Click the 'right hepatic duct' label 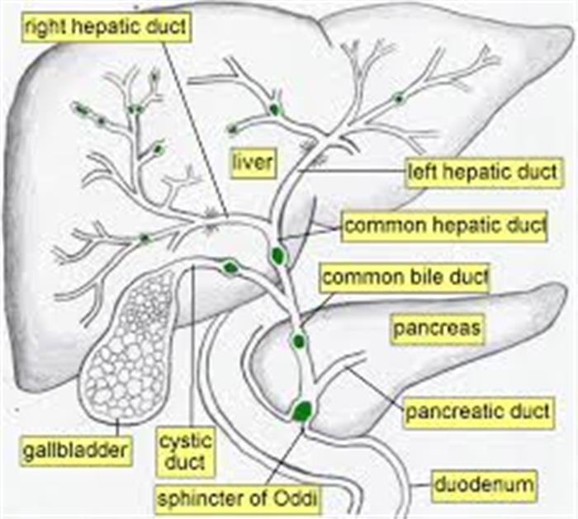coord(107,26)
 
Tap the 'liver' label coord(253,163)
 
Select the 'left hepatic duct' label coord(482,172)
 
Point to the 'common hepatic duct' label coord(444,225)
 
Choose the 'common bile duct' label coord(405,278)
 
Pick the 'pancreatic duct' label coord(478,412)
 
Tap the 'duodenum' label coord(484,484)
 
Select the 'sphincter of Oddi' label coord(238,499)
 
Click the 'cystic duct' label coord(185,451)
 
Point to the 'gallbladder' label coord(75,451)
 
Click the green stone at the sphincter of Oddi coord(302,412)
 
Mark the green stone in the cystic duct coord(230,267)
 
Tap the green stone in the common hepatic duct coord(278,255)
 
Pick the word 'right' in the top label coord(46,27)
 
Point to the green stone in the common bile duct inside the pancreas coord(298,341)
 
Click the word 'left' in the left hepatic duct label coord(420,172)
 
